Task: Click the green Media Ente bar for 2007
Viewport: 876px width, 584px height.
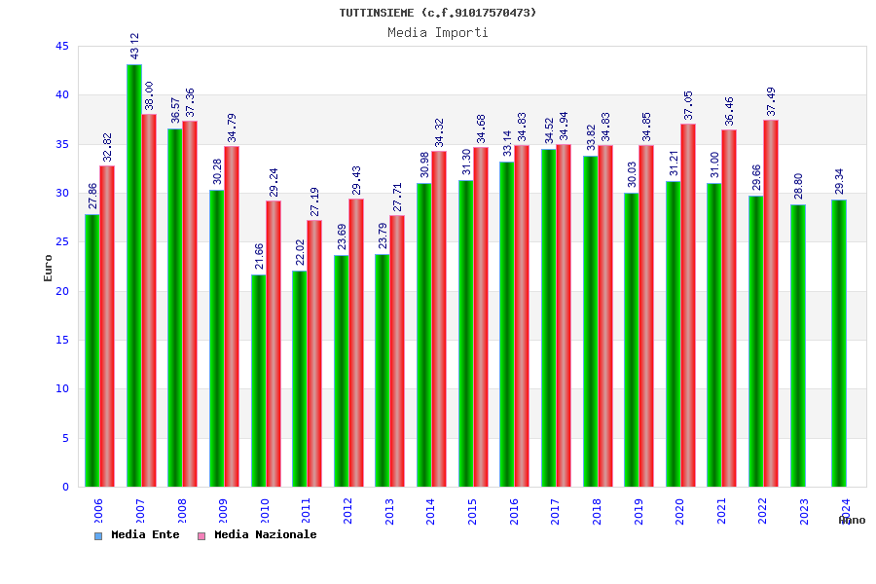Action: point(133,275)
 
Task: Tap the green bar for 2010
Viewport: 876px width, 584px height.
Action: point(258,381)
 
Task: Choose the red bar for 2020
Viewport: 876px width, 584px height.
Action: point(688,305)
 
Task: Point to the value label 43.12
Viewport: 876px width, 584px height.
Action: point(134,46)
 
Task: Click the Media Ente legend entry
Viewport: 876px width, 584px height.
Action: point(137,535)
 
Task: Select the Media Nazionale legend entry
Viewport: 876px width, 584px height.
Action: point(258,535)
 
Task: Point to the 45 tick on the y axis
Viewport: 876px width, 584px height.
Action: point(62,47)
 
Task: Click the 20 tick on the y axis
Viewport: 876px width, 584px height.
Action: point(62,291)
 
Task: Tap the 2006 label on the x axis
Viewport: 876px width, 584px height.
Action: point(97,512)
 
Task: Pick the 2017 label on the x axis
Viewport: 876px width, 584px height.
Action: point(555,512)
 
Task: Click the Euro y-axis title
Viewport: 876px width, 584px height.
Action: point(49,268)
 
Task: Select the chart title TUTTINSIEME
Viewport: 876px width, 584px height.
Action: point(438,13)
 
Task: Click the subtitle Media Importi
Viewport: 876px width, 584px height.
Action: point(438,32)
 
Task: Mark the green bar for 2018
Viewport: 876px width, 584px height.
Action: point(590,321)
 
